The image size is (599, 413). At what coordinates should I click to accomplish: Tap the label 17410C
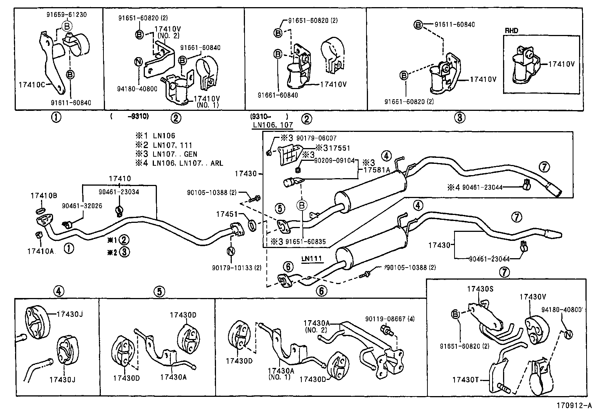coord(32,85)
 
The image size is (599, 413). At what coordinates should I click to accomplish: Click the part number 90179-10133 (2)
coord(236,268)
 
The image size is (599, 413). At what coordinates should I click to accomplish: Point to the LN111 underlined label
coord(312,259)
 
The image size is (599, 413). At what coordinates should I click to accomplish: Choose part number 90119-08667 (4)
coord(390,319)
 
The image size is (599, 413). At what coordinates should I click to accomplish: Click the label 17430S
coord(480,289)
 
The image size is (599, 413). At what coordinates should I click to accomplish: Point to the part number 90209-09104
coord(334,160)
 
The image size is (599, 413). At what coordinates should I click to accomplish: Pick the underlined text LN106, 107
coord(272,125)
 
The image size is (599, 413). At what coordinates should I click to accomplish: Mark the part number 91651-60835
coord(306,242)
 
